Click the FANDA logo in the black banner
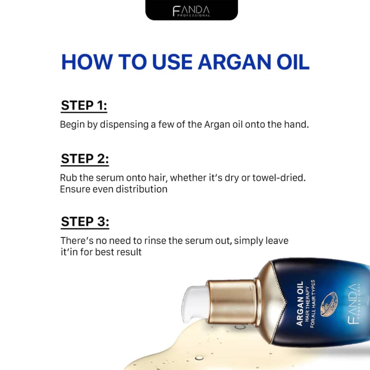191,11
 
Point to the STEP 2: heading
85,159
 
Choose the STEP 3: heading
85,221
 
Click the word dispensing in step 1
124,125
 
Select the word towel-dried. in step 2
279,178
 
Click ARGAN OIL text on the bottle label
300,304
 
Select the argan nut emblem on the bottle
329,304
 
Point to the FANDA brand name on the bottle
353,304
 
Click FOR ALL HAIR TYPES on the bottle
313,304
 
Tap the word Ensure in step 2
75,189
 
